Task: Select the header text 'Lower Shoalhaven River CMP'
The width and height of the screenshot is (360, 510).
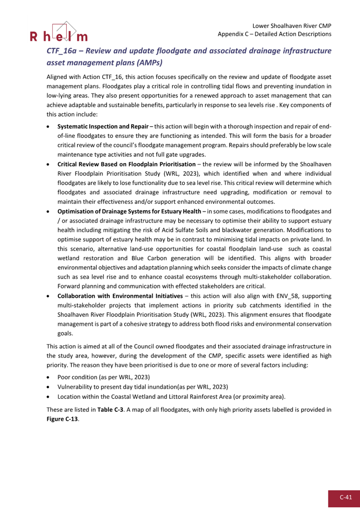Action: (x=292, y=26)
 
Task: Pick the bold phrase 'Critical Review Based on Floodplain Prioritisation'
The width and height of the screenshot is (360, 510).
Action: (x=126, y=164)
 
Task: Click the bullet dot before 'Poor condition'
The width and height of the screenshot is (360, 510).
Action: (x=48, y=377)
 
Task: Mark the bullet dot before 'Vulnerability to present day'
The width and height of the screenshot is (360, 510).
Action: (x=48, y=387)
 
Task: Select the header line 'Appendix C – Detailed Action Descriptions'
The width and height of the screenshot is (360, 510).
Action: (x=274, y=34)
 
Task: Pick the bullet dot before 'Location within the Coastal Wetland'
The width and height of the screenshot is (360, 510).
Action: (x=48, y=397)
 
